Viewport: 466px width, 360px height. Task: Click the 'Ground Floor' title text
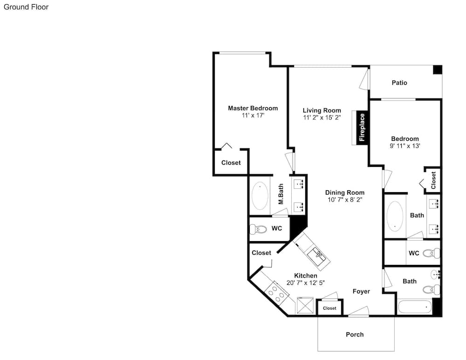(26, 7)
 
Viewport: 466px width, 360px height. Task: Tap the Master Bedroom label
(253, 108)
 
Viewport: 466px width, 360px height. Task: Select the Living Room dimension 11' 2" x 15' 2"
(322, 118)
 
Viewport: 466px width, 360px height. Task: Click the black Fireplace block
(362, 128)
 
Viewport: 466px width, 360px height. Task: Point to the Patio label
(399, 83)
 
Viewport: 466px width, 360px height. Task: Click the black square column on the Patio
(438, 69)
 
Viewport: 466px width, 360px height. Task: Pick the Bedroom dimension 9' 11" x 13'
(405, 146)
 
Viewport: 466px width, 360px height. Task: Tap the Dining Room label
(345, 193)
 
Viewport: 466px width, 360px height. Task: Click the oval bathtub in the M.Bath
(260, 195)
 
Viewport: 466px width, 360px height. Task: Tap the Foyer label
(362, 291)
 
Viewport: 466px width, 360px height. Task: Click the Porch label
(355, 334)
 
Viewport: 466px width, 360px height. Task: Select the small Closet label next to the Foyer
(329, 308)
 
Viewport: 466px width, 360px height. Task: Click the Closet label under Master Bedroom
(231, 163)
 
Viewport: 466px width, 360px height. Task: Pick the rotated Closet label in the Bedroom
(433, 180)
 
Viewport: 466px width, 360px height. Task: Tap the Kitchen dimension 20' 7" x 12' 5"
(306, 283)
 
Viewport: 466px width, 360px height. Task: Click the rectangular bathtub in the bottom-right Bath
(415, 307)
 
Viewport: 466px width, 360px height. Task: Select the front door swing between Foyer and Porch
(359, 311)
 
